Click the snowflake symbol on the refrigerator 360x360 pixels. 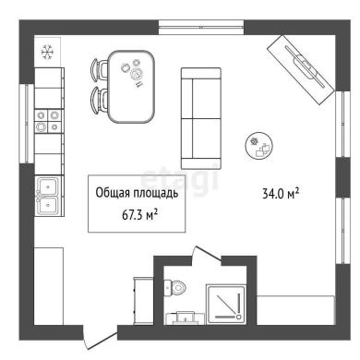pyautogui.click(x=48, y=52)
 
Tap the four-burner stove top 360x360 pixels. pyautogui.click(x=48, y=121)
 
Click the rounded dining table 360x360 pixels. pyautogui.click(x=131, y=87)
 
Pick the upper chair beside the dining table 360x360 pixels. pyautogui.click(x=99, y=70)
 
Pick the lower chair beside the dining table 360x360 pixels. pyautogui.click(x=99, y=101)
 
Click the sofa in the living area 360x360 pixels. pyautogui.click(x=201, y=118)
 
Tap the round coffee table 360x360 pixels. pyautogui.click(x=259, y=146)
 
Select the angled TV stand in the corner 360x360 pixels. pyautogui.click(x=300, y=70)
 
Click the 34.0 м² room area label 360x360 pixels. pyautogui.click(x=281, y=194)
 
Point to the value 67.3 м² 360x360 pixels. pyautogui.click(x=140, y=215)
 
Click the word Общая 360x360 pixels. pyautogui.click(x=113, y=193)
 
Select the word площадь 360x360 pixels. pyautogui.click(x=156, y=194)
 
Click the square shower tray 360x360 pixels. pyautogui.click(x=226, y=304)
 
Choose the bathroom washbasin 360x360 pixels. pyautogui.click(x=185, y=318)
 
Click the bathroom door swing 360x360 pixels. pyautogui.click(x=205, y=254)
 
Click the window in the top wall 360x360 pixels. pyautogui.click(x=201, y=27)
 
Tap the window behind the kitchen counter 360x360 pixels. pyautogui.click(x=27, y=123)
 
